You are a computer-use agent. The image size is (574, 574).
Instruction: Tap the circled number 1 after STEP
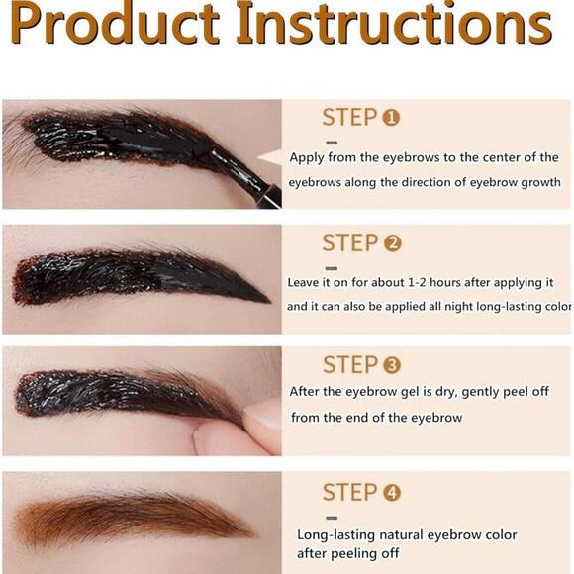tap(391, 118)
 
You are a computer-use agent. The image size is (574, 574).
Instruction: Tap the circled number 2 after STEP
tap(391, 242)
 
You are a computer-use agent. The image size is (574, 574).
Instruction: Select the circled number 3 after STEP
tap(393, 364)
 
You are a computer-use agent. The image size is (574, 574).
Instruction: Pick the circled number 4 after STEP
tap(391, 492)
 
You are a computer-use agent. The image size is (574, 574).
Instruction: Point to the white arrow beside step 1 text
tap(269, 156)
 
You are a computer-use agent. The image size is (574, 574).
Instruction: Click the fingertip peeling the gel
tap(259, 416)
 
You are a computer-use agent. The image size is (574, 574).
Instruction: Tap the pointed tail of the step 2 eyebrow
tap(265, 299)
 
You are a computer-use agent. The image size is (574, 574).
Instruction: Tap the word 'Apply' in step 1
tap(308, 157)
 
